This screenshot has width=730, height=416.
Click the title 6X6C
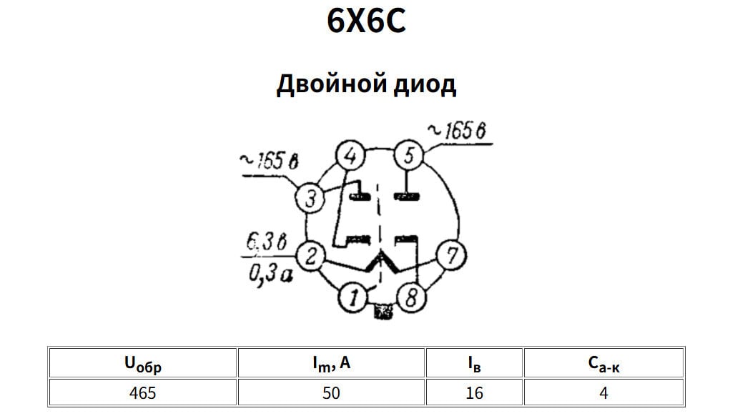point(366,21)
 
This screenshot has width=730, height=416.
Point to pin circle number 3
point(310,198)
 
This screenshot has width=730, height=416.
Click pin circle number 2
point(311,255)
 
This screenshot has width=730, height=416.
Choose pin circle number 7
point(451,255)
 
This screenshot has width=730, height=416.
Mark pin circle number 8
point(410,297)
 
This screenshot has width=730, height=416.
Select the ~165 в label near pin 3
point(268,162)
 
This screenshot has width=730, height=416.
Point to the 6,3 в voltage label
point(266,242)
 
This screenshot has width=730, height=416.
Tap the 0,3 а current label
point(270,273)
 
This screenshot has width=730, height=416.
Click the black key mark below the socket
point(384,312)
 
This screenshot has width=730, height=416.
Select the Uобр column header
point(142,364)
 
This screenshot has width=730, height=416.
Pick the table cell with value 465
point(142,392)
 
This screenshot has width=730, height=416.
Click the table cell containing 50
point(331,392)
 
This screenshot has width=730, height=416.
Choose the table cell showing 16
point(474,392)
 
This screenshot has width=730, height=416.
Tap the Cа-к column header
point(604,364)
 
